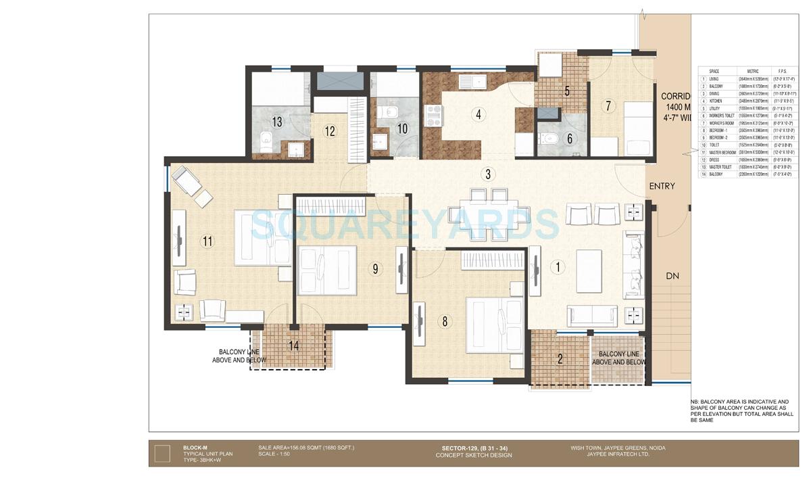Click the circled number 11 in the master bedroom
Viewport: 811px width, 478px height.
pyautogui.click(x=207, y=240)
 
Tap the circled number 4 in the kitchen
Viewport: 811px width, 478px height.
pyautogui.click(x=478, y=114)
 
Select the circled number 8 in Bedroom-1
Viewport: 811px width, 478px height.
pyautogui.click(x=445, y=322)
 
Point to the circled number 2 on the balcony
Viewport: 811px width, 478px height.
pyautogui.click(x=560, y=359)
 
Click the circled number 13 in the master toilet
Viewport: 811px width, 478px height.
pyautogui.click(x=277, y=122)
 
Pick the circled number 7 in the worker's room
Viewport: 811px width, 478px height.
pyautogui.click(x=608, y=105)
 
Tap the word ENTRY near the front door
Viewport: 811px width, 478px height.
pyautogui.click(x=662, y=186)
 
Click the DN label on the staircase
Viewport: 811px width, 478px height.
pyautogui.click(x=672, y=276)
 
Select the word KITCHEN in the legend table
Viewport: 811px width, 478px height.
pyautogui.click(x=716, y=101)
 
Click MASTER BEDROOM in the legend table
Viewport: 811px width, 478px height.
pyautogui.click(x=722, y=152)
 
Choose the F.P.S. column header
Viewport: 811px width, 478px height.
pyautogui.click(x=783, y=71)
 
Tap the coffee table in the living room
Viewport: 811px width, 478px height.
pyautogui.click(x=589, y=270)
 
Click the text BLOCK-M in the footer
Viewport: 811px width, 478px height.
pyautogui.click(x=195, y=448)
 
